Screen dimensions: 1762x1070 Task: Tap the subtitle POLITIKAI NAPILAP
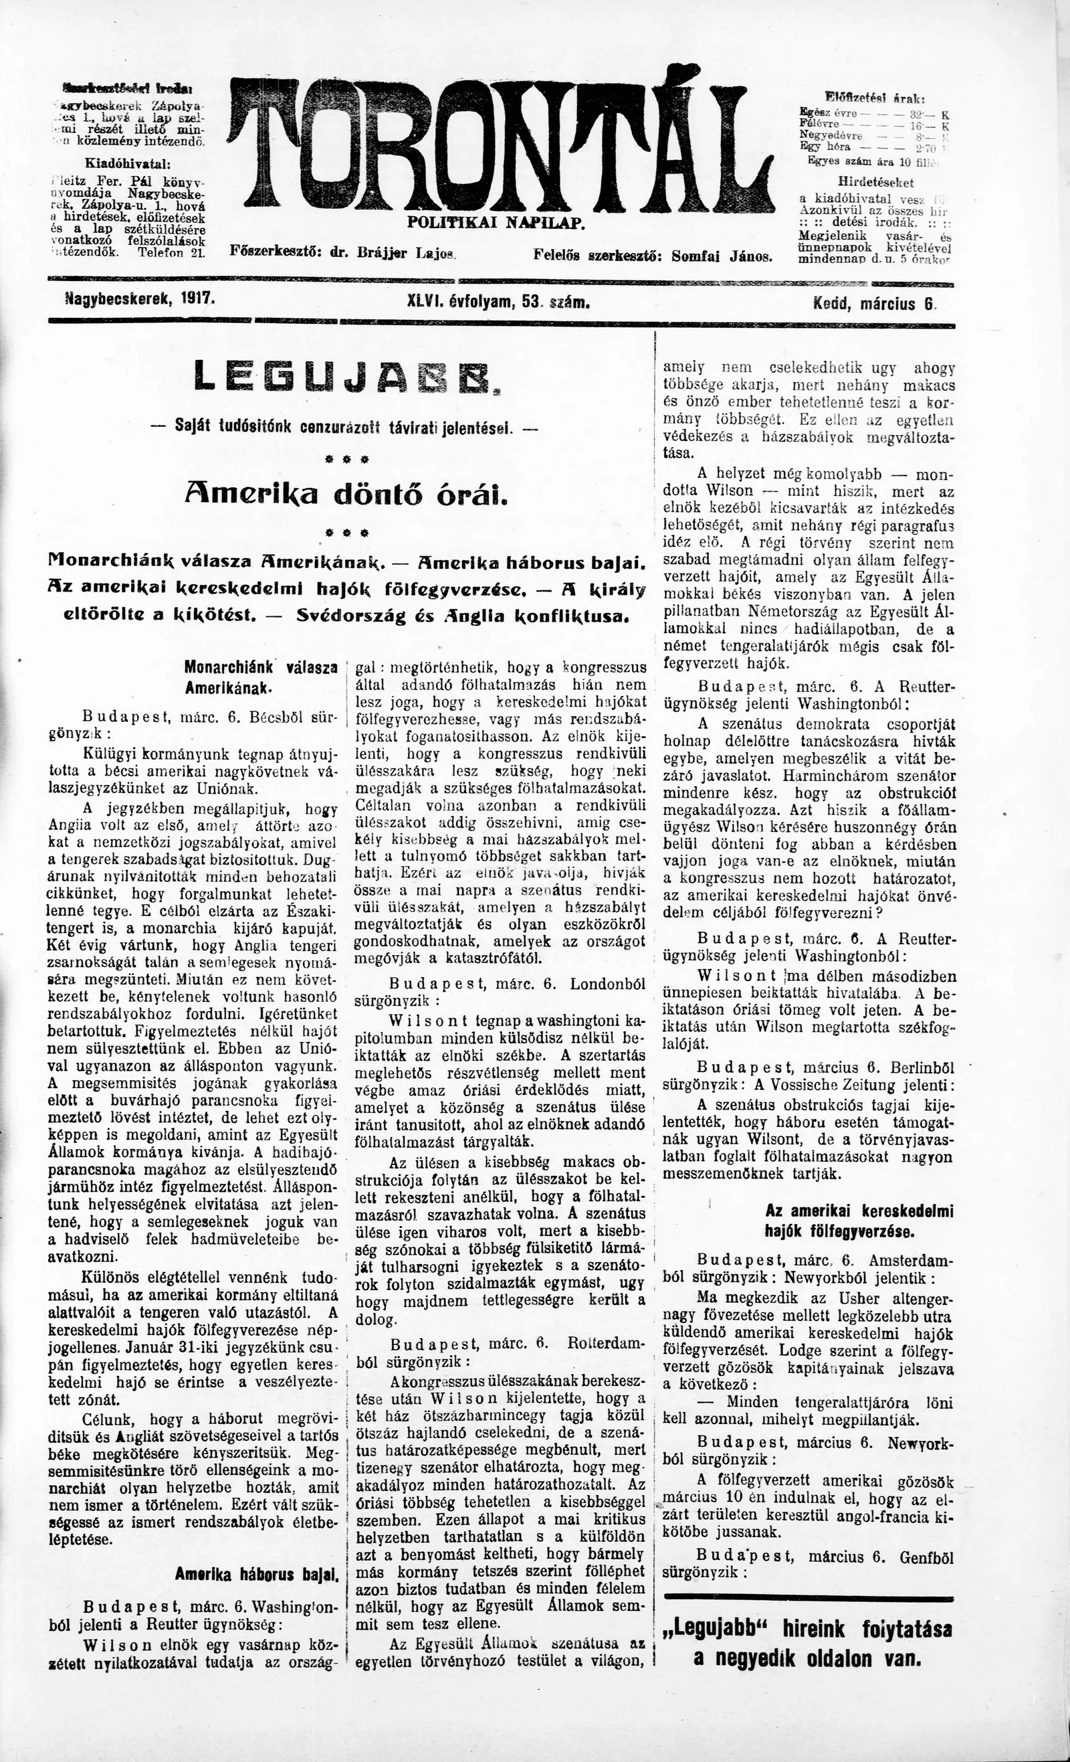(x=496, y=222)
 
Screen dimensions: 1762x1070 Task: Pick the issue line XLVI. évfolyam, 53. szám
(x=498, y=302)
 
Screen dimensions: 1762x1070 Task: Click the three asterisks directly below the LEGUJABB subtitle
(x=343, y=458)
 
